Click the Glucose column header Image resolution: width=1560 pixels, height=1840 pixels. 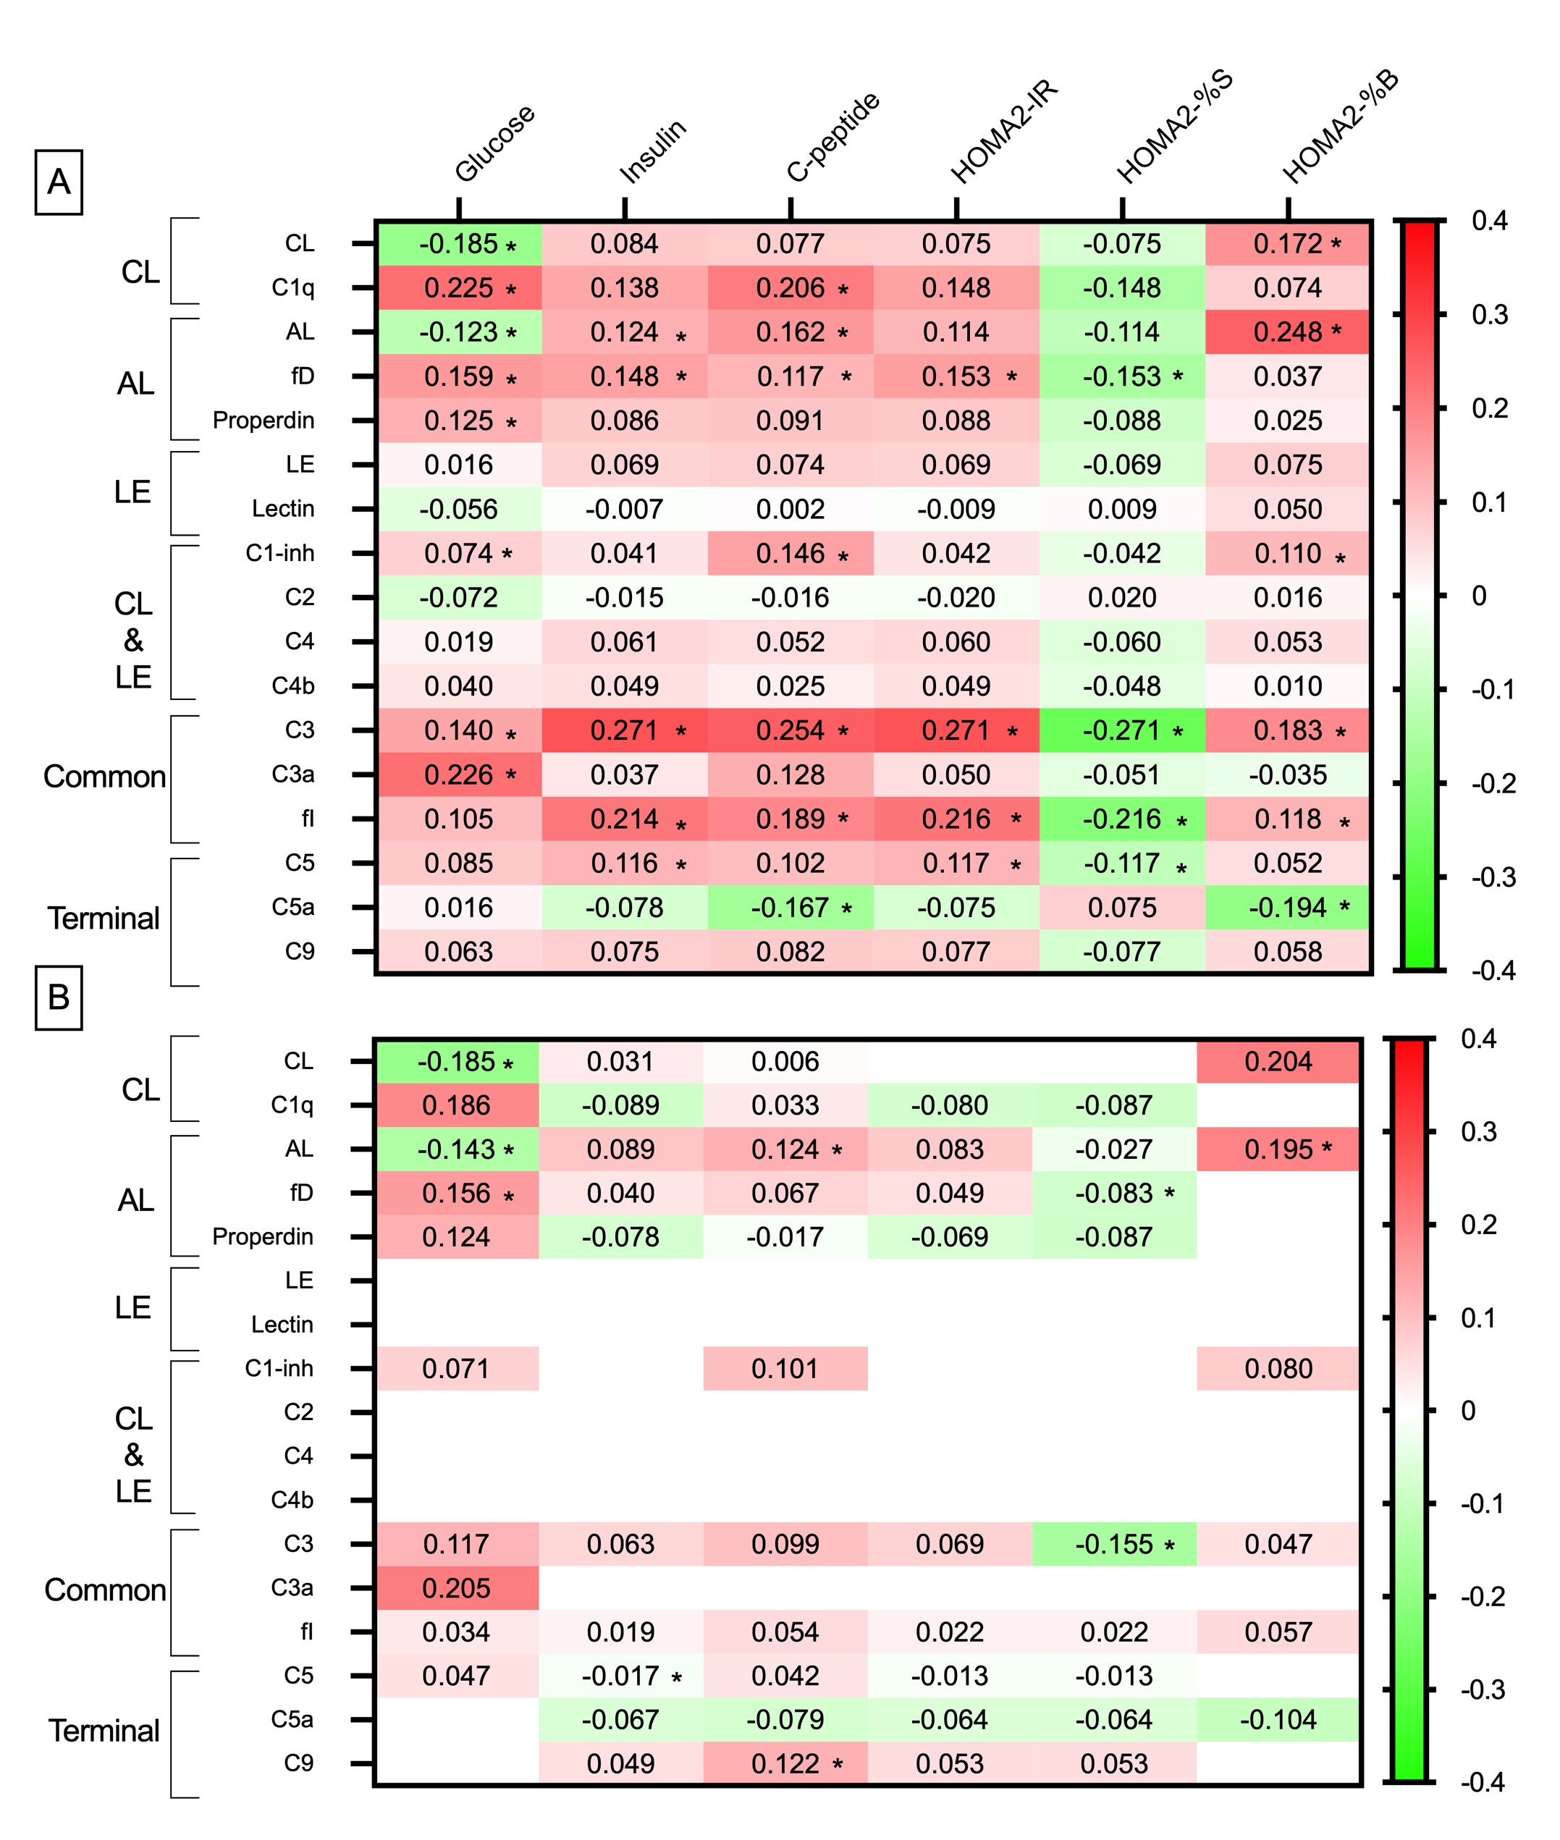(494, 143)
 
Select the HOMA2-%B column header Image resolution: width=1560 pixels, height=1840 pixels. (1341, 127)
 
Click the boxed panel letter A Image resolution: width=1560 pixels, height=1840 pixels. (59, 182)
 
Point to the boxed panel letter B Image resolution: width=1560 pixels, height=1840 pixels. (59, 997)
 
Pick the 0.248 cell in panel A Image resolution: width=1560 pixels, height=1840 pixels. (1288, 332)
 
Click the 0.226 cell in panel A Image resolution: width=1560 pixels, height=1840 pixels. (458, 775)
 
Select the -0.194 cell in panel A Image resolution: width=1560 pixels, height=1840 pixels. (1288, 907)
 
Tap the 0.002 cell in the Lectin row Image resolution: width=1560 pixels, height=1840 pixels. (790, 510)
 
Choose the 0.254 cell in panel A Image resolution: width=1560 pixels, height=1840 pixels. (790, 730)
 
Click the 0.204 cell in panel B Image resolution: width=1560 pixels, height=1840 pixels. (1278, 1061)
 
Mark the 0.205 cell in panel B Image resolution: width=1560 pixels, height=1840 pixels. (456, 1588)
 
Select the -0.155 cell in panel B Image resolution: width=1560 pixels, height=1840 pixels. (1114, 1544)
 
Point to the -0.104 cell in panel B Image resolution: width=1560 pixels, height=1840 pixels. (1278, 1719)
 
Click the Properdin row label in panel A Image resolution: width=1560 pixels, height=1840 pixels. (263, 421)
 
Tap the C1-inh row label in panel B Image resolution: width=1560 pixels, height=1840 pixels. (279, 1368)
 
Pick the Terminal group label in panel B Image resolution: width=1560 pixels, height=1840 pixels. (104, 1731)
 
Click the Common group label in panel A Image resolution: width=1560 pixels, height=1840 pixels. (104, 777)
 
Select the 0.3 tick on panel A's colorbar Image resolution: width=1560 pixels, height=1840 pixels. (1489, 315)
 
